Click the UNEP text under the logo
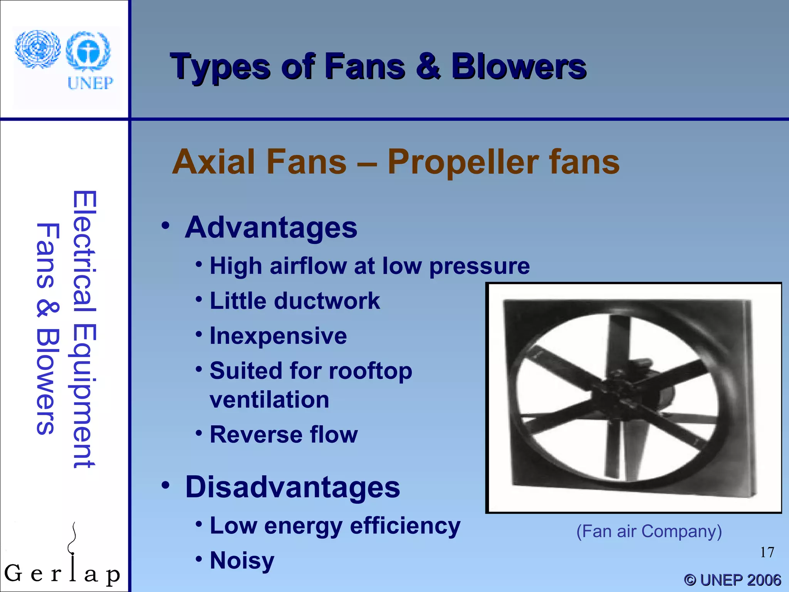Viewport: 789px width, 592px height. [x=90, y=83]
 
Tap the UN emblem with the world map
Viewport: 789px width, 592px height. [x=37, y=49]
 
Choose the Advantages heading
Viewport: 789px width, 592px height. [x=271, y=227]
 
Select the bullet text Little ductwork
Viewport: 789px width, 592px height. [x=294, y=301]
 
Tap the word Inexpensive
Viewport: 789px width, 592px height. [x=278, y=336]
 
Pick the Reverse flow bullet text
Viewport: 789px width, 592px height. [x=284, y=435]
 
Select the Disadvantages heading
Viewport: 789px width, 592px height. [x=292, y=487]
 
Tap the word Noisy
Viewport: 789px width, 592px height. [x=242, y=560]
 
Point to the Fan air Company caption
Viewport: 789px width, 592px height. [x=649, y=531]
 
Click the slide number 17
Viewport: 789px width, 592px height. [x=767, y=552]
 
